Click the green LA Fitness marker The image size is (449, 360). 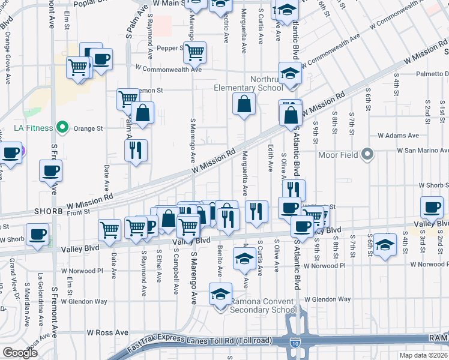tap(61, 127)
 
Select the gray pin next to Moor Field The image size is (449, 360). tap(368, 155)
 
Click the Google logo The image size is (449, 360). tap(20, 352)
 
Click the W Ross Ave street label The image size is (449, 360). tap(107, 332)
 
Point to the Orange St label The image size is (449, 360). tap(88, 128)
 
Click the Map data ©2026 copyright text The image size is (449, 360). tap(423, 355)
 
